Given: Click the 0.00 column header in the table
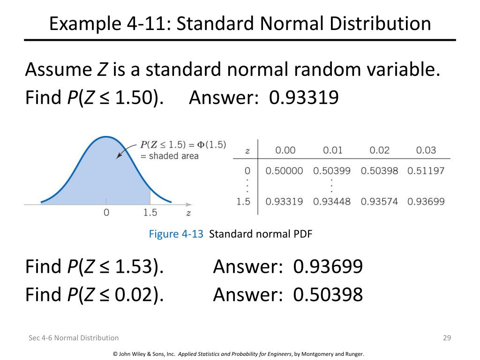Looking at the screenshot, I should click(285, 150).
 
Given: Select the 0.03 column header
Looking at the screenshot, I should click(426, 150).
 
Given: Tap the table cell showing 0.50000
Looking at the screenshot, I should click(284, 171).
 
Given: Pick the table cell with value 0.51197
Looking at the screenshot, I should click(426, 171).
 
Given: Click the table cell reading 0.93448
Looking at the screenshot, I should click(331, 202).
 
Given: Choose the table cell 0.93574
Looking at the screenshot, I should click(379, 202).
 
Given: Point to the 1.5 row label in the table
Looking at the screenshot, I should click(244, 202).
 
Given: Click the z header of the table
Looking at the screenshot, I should click(247, 151).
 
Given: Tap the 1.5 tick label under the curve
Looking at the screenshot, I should click(150, 212).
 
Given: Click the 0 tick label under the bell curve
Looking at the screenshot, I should click(106, 212).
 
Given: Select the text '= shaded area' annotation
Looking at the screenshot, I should click(169, 156).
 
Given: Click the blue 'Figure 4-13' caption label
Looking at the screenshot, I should click(176, 234).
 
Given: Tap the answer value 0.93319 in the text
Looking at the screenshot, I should click(304, 98).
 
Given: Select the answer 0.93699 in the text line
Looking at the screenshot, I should click(328, 267).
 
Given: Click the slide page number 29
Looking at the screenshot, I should click(447, 337).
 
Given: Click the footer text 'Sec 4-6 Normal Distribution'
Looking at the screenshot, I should click(74, 337).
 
